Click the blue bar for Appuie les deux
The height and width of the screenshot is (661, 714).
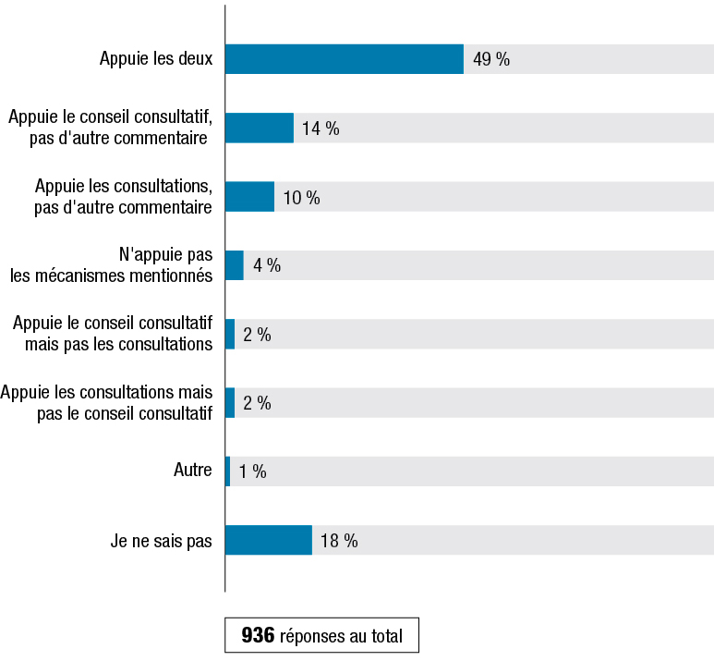[x=344, y=59]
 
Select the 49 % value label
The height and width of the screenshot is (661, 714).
[x=490, y=60]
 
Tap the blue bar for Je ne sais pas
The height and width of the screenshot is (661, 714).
[x=268, y=541]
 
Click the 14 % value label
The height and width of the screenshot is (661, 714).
[x=321, y=129]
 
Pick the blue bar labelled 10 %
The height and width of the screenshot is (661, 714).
[x=249, y=197]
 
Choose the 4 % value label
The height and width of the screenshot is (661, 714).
[x=267, y=266]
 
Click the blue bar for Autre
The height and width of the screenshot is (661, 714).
[x=227, y=471]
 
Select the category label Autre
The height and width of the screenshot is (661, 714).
[x=192, y=471]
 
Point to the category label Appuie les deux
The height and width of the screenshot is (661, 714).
[x=156, y=60]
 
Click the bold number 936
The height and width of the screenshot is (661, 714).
[x=258, y=636]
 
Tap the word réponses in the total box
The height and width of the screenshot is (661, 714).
[x=311, y=637]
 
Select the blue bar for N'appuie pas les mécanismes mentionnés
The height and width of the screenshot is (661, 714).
[x=234, y=265]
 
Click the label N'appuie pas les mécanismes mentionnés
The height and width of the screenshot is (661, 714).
[x=112, y=265]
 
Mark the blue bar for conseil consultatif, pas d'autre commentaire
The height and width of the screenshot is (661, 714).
[x=259, y=129]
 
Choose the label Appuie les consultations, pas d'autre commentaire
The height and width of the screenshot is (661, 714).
[x=122, y=197]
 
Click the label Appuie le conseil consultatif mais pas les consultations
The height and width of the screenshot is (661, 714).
[x=113, y=334]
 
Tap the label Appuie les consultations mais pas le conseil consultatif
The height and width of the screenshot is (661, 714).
[x=106, y=403]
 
